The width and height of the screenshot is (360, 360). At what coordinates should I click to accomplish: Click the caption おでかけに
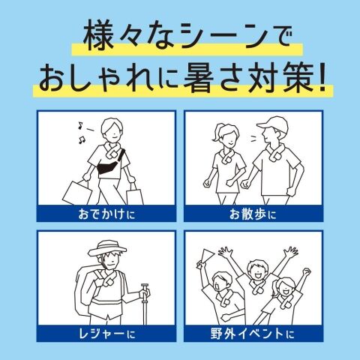coord(106,214)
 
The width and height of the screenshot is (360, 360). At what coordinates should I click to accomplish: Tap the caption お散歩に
coord(253,214)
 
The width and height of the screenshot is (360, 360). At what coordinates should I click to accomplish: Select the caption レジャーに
coord(107,334)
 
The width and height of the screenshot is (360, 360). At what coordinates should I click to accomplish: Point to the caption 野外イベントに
coord(253,334)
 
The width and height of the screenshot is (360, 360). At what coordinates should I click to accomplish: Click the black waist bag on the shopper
coord(109,167)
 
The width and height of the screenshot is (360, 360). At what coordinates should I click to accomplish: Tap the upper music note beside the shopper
coord(80,125)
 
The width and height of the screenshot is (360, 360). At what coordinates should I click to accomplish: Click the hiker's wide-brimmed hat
coord(107,248)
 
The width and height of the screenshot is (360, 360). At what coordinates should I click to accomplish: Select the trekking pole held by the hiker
coord(145,304)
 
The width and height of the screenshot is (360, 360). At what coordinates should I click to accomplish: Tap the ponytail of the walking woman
coord(216,133)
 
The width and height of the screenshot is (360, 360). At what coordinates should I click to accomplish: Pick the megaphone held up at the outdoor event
coord(205,258)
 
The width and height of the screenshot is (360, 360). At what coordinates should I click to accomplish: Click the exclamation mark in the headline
coord(322,77)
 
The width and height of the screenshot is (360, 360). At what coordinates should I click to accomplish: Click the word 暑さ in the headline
coord(213,77)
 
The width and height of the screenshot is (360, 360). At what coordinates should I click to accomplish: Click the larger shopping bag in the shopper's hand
coord(77,193)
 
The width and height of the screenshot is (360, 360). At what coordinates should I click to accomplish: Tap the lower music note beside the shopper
coord(82,139)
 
